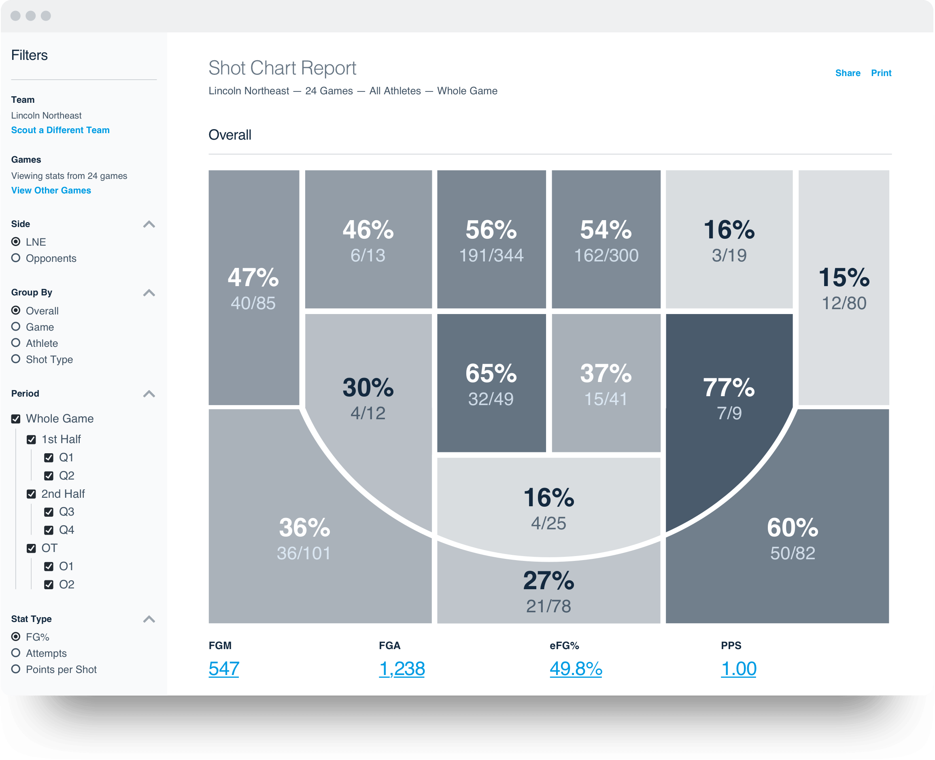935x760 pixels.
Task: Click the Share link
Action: point(848,73)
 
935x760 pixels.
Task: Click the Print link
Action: point(881,73)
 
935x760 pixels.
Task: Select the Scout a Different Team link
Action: point(60,130)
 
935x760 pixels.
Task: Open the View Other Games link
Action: point(51,191)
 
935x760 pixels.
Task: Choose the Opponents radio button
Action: point(16,258)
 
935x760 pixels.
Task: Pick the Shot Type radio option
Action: point(16,359)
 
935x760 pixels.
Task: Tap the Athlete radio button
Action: point(16,343)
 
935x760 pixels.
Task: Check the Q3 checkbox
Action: point(49,512)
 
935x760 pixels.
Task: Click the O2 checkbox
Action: point(49,584)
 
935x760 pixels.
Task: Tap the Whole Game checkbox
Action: point(16,419)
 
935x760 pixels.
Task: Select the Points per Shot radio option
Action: point(16,669)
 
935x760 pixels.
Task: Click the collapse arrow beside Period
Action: point(149,394)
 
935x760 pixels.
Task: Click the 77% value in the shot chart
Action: point(729,387)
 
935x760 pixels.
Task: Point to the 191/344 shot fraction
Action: point(491,255)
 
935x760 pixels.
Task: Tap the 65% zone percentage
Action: point(491,374)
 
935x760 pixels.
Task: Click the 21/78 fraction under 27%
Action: point(548,606)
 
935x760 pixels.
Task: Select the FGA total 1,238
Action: point(402,669)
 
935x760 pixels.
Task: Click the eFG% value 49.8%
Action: point(576,669)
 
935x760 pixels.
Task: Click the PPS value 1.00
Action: point(738,669)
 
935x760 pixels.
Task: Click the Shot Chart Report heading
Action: point(282,68)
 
